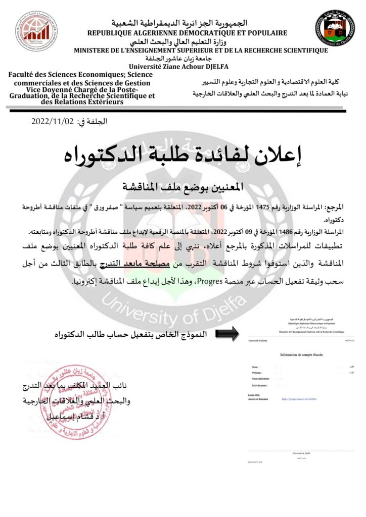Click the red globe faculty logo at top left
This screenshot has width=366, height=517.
(x=36, y=31)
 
